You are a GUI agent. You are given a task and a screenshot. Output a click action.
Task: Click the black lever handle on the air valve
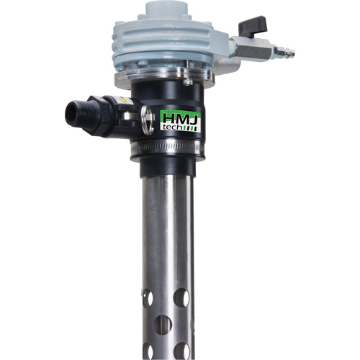pos(254,27)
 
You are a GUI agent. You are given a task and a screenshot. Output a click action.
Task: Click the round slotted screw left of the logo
pos(146,113)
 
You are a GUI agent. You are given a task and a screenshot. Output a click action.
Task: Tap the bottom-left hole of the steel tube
pos(147,352)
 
